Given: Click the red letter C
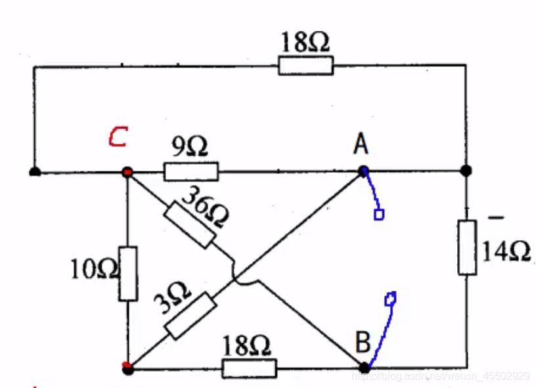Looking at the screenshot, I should click(118, 137).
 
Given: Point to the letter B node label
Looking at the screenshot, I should click(363, 341).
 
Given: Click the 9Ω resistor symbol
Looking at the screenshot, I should click(190, 172).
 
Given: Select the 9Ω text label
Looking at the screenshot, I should click(190, 147).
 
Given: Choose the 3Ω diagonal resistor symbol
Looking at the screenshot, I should click(190, 315).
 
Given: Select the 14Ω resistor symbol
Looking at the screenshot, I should click(467, 247).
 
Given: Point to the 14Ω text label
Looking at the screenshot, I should click(506, 251).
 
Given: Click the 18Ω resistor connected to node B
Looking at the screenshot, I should click(250, 368).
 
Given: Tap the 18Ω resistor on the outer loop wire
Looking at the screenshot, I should click(305, 65).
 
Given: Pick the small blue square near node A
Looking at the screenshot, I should click(378, 214).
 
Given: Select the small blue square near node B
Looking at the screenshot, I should click(391, 299).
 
